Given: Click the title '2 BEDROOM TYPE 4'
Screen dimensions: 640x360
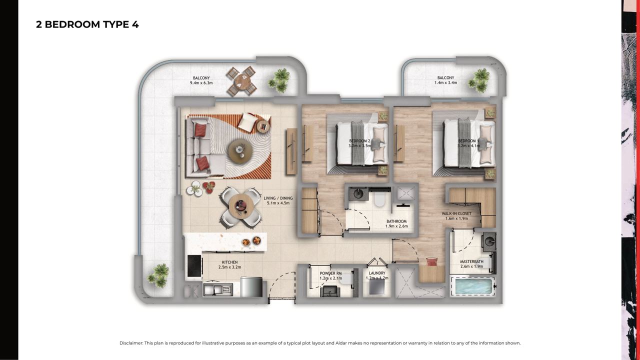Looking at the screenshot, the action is [x=87, y=24].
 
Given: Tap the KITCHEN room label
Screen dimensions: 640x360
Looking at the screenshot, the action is [x=229, y=262].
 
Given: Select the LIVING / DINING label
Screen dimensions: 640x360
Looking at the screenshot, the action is [x=278, y=198].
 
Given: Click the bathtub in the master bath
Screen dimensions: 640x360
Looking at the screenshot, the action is [x=473, y=286].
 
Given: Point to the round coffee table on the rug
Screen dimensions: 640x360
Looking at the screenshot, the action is [x=240, y=151].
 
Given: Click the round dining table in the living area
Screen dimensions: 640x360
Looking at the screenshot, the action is [x=241, y=206].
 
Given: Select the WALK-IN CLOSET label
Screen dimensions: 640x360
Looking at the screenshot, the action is [x=456, y=213].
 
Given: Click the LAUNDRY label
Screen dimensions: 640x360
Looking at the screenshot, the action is [x=377, y=273].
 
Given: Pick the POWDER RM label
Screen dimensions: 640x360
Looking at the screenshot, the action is [x=330, y=273].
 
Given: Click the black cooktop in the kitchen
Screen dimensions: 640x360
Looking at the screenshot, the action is [x=194, y=265].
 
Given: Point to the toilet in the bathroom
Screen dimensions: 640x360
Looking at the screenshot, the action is [x=380, y=199].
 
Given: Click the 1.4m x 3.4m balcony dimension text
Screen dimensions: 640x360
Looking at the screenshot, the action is [x=445, y=83].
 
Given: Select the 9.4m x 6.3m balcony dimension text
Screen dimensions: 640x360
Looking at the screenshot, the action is [x=201, y=83].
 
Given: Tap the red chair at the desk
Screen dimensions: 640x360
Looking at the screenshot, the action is [x=431, y=261].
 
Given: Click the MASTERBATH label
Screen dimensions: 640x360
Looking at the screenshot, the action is [x=471, y=261].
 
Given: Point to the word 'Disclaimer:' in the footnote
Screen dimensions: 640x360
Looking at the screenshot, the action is [x=131, y=343].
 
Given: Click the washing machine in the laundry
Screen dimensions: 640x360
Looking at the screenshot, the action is [x=376, y=286].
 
